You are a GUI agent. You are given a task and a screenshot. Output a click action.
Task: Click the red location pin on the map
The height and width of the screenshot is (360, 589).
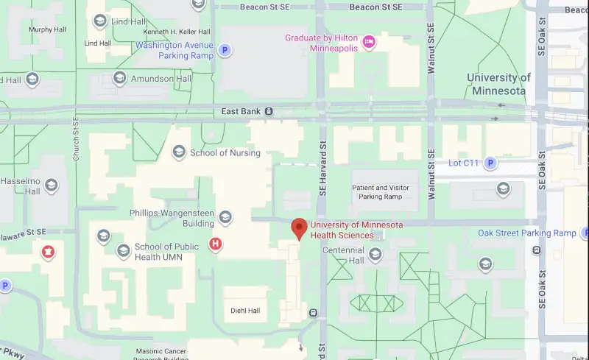coord(298,228)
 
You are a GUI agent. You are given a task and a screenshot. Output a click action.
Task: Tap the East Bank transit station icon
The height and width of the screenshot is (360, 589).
coord(269,111)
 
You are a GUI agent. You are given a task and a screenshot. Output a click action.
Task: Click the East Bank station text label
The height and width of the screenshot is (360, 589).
coord(241,111)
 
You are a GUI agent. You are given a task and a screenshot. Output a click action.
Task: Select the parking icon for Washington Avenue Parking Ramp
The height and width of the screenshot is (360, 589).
coord(225,50)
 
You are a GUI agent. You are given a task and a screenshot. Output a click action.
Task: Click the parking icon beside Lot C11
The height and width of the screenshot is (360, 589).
coord(490,163)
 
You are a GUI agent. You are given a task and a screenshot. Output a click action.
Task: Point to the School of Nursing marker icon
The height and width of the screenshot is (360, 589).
coord(178,152)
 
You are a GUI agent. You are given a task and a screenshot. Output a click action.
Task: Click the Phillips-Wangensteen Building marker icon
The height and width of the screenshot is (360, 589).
coord(225,217)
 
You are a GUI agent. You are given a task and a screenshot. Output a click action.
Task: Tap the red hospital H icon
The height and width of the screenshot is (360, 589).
coord(216,244)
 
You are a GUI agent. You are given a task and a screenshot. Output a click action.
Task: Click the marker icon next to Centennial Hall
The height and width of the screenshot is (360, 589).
coord(375,255)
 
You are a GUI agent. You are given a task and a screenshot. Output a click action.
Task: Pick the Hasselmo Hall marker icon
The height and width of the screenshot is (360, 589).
coord(51,185)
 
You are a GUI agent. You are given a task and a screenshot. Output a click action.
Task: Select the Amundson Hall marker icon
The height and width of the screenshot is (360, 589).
coord(119,79)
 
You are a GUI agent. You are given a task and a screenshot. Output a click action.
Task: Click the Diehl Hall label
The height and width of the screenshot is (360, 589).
coord(245,311)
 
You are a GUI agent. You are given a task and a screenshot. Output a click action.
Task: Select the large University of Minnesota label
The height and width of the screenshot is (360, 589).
coord(498,84)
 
